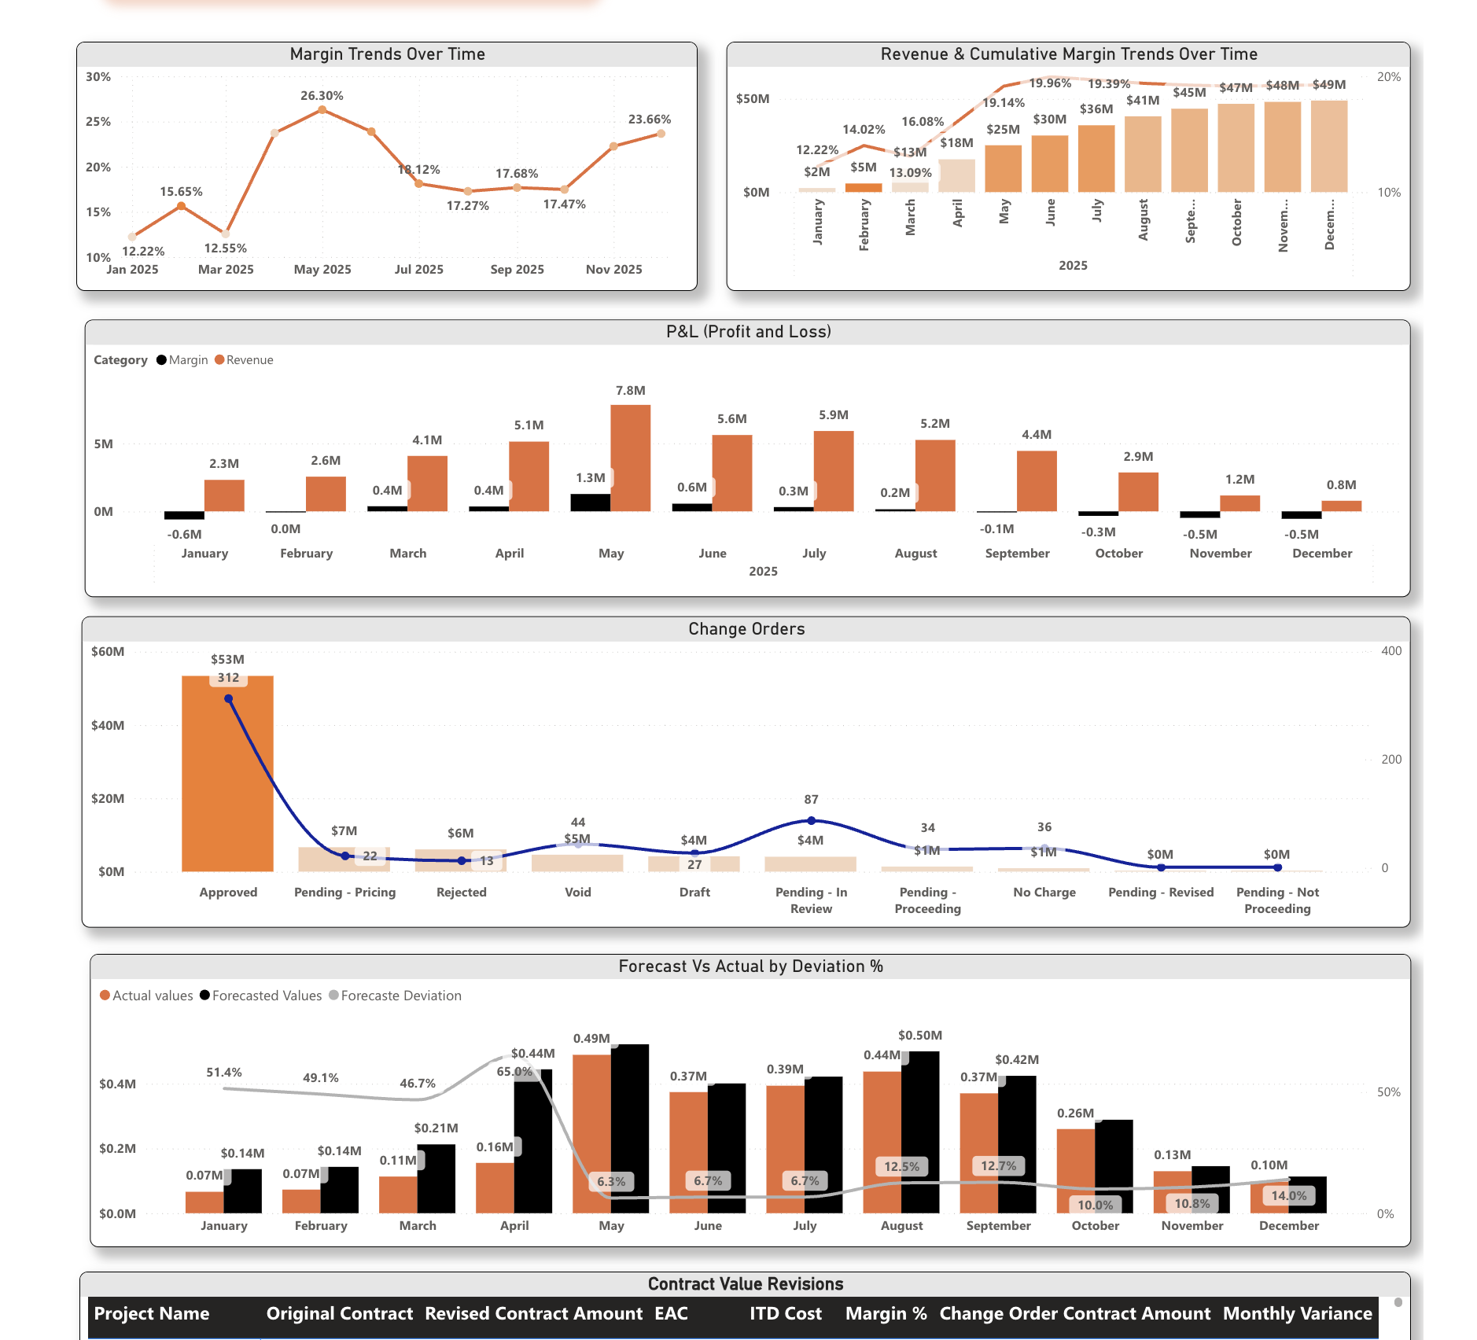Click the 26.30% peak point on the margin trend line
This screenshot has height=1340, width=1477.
point(322,110)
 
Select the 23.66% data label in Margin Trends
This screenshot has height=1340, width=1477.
point(649,120)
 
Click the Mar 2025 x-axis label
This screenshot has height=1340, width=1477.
point(226,270)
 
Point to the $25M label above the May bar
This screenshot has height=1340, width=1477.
point(1003,130)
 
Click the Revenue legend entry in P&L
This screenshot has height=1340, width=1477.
point(249,360)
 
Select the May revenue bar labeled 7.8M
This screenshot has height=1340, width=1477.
point(630,458)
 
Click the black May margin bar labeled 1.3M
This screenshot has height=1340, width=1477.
point(590,502)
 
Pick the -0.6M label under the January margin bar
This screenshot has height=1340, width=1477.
point(184,535)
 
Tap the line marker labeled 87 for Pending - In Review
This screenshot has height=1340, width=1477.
point(811,820)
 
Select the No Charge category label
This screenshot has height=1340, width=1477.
point(1044,893)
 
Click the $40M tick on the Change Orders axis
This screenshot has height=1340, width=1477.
point(108,725)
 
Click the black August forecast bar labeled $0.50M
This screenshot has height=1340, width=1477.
point(920,1132)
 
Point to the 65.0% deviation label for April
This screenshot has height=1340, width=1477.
point(514,1072)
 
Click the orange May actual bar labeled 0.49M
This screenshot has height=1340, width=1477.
point(591,1132)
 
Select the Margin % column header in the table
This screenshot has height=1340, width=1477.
point(886,1313)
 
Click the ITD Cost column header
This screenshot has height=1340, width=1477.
point(785,1313)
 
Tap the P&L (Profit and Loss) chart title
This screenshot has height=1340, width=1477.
point(748,332)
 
